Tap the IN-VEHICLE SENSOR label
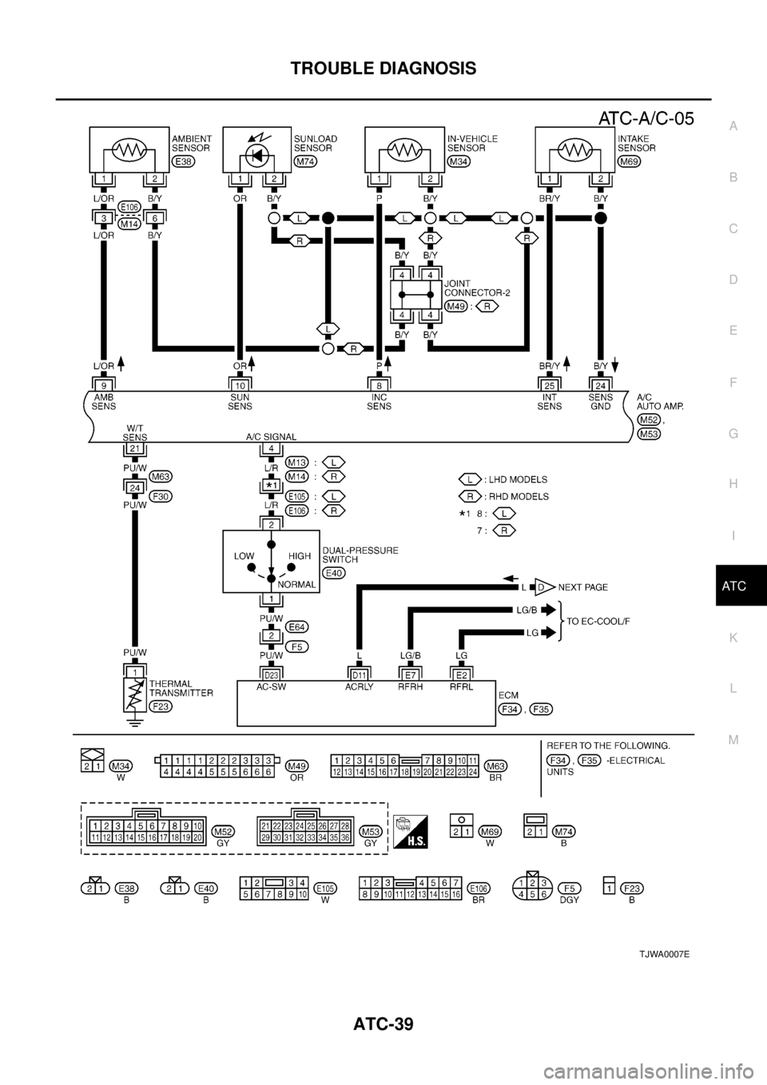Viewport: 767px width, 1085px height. (471, 143)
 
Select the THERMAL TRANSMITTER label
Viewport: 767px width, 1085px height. (181, 689)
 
